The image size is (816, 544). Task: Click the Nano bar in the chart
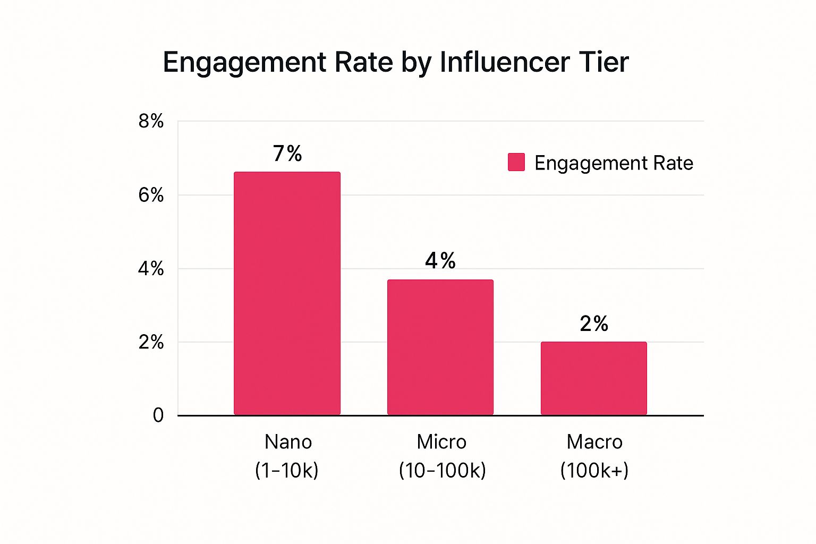(x=287, y=293)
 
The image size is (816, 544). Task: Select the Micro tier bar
(x=440, y=347)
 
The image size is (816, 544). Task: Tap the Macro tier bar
(x=593, y=378)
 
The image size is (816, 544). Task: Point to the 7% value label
(x=287, y=154)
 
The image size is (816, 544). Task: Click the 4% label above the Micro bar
(x=440, y=260)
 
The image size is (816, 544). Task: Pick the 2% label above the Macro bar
(x=594, y=324)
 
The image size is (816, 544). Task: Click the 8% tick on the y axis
(x=151, y=121)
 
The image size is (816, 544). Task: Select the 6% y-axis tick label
(x=151, y=195)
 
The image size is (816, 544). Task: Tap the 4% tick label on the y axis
(x=151, y=269)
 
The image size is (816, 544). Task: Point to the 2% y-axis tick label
(x=151, y=342)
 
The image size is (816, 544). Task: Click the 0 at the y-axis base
(x=158, y=415)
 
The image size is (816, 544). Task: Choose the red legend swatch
(x=516, y=162)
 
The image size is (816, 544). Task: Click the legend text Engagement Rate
(x=614, y=163)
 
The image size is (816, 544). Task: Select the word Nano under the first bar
(x=288, y=442)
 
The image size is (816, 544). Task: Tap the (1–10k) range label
(x=287, y=470)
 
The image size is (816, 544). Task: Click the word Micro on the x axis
(x=441, y=442)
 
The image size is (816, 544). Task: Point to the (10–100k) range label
(x=442, y=470)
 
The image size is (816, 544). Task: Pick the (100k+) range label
(x=594, y=470)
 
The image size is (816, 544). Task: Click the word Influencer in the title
(x=497, y=62)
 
